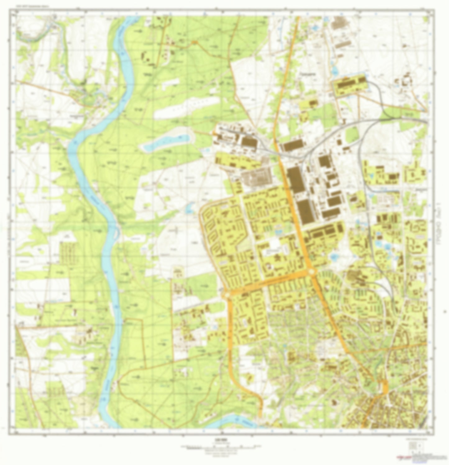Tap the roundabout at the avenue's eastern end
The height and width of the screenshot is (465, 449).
click(312, 272)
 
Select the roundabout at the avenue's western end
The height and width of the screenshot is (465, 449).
click(227, 295)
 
